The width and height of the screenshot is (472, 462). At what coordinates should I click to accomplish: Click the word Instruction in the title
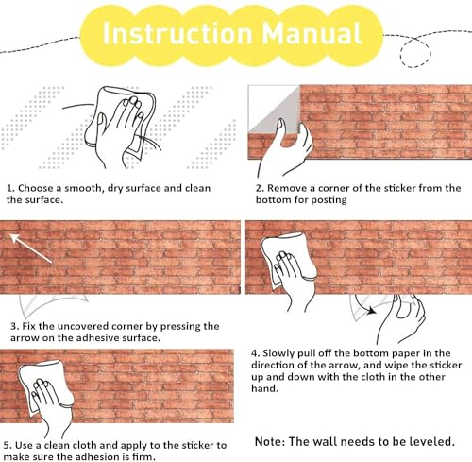[x=177, y=33]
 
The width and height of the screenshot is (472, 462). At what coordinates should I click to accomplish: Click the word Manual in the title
[x=312, y=33]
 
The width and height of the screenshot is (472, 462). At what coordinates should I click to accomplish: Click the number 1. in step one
[x=10, y=188]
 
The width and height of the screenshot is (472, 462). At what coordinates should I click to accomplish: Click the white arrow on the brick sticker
[x=31, y=248]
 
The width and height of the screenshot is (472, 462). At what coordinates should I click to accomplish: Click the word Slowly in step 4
[x=278, y=353]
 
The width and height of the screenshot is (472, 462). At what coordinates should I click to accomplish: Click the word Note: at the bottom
[x=270, y=442]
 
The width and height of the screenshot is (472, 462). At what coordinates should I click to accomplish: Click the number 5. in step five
[x=8, y=446]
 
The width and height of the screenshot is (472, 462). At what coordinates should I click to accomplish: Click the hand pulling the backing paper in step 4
[x=401, y=318]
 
